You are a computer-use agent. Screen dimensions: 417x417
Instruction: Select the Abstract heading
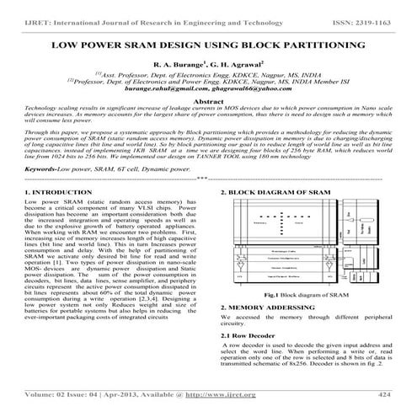(208, 100)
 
